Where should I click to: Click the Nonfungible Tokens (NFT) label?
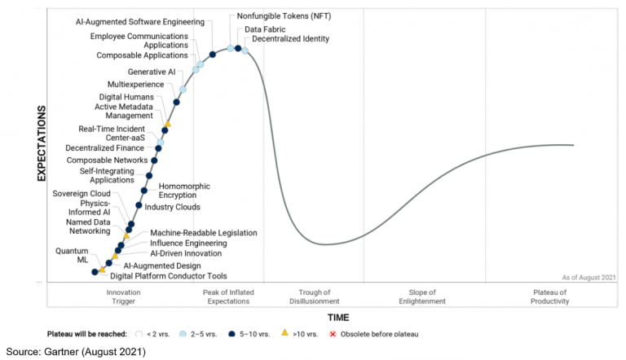click(279, 16)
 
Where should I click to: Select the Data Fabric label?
click(265, 29)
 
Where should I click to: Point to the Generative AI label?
click(152, 72)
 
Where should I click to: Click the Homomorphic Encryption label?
click(184, 191)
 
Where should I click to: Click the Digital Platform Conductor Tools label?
click(169, 276)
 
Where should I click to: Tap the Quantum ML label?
click(72, 255)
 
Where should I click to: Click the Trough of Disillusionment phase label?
click(314, 296)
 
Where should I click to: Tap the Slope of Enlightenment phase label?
click(422, 296)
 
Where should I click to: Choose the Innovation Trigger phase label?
click(124, 296)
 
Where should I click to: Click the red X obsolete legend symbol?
click(332, 334)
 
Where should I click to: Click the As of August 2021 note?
click(589, 278)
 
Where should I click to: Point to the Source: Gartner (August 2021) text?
click(75, 352)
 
